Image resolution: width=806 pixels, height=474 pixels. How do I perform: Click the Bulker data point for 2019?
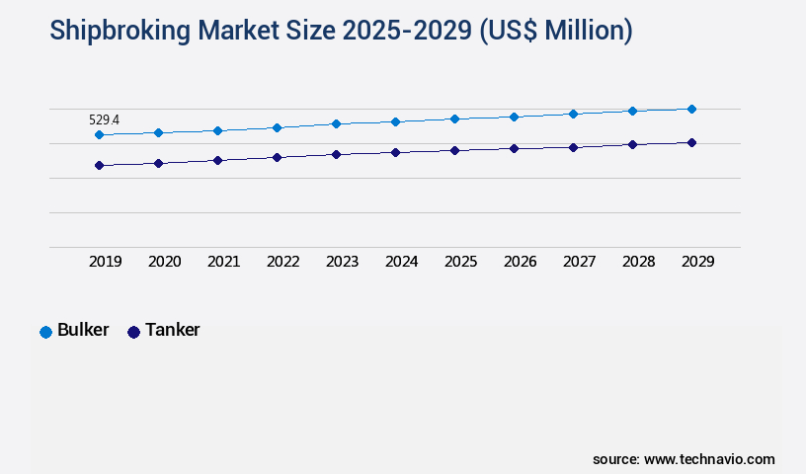pos(99,134)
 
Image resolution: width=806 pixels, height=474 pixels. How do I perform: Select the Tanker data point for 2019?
pos(99,165)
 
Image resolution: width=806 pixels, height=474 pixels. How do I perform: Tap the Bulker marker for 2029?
pos(691,109)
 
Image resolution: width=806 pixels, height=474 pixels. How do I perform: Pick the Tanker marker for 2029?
pos(691,142)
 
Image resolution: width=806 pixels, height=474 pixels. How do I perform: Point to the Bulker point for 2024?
pos(395,121)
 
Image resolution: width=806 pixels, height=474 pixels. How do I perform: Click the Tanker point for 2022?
pos(277,157)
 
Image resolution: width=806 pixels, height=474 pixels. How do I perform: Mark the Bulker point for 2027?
pos(573,114)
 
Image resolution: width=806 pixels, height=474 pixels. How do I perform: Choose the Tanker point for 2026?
pos(514,148)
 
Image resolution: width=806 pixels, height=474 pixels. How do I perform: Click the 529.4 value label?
pos(103,119)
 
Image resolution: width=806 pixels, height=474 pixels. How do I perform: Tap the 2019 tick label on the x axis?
pos(106,262)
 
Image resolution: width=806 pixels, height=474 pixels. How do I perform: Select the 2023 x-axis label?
pos(343,262)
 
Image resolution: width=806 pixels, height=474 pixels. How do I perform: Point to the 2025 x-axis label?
pos(461,262)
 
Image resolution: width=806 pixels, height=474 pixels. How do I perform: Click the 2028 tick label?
pos(639,262)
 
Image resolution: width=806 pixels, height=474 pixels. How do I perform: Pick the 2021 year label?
pos(224,262)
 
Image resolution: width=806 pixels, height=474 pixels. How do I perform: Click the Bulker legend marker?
pos(45,332)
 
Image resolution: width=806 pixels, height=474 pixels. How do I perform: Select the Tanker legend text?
pos(172,331)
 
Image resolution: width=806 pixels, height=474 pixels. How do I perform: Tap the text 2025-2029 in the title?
pos(407,32)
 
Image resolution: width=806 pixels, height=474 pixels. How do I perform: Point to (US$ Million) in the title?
pos(556,32)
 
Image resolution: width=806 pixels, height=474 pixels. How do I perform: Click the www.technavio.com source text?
pos(709,459)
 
